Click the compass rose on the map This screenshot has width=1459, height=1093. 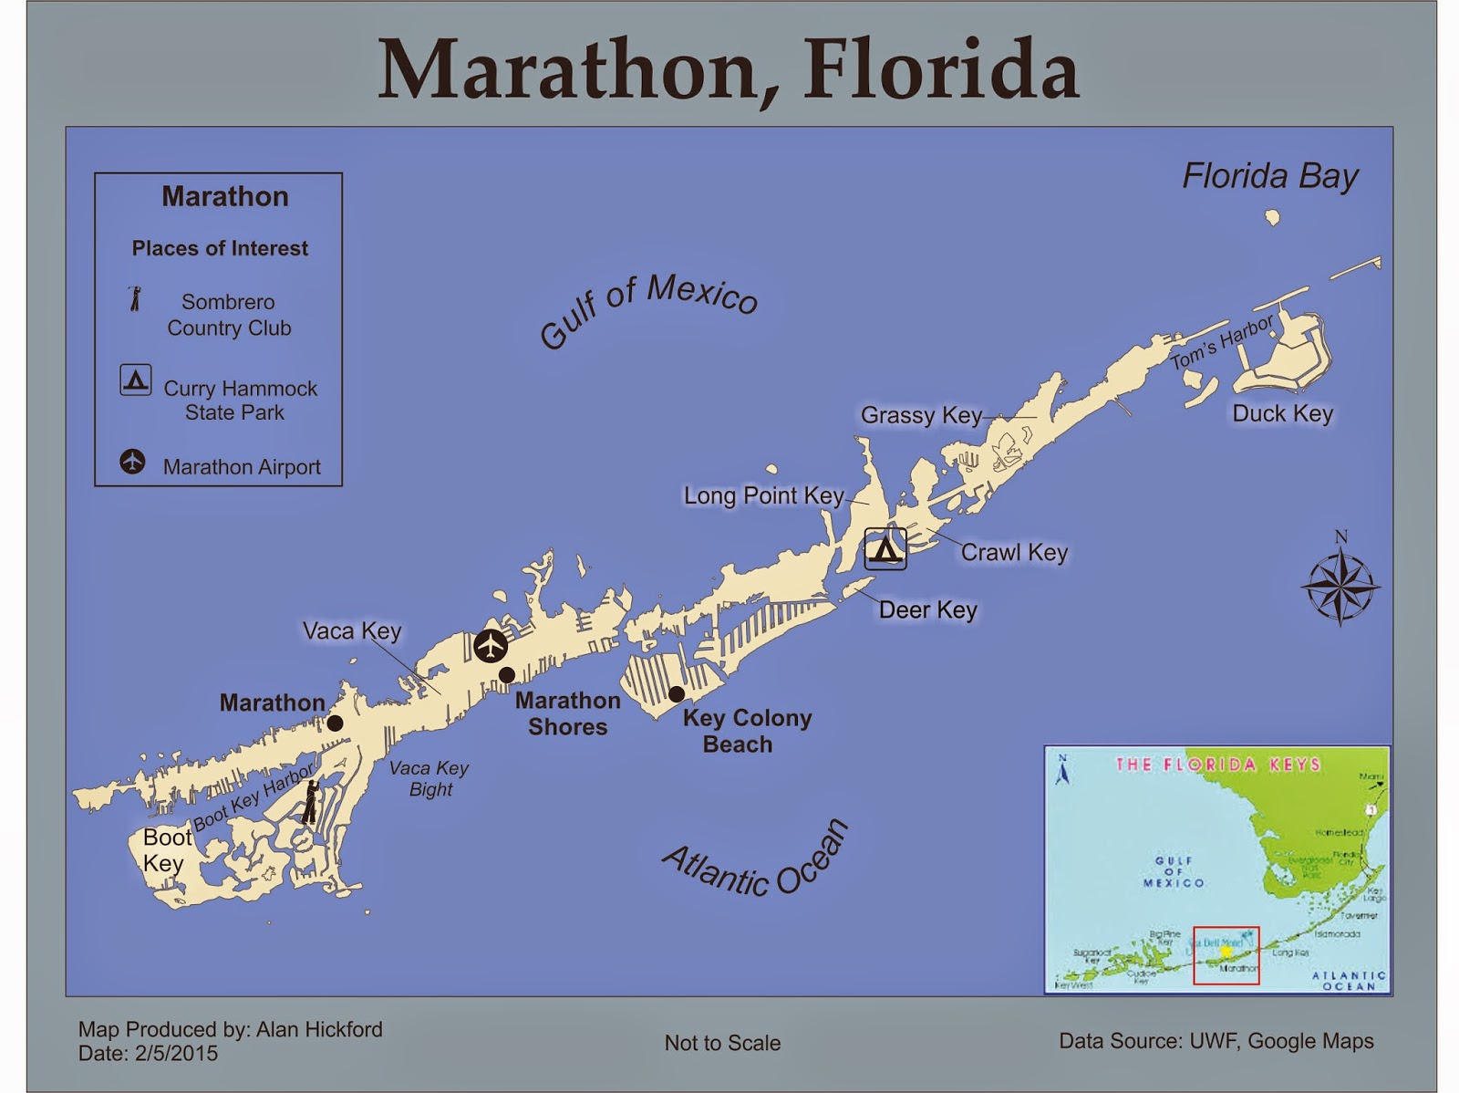[x=1340, y=585]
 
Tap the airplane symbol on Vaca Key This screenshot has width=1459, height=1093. [x=491, y=646]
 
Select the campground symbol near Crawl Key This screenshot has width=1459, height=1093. [x=885, y=549]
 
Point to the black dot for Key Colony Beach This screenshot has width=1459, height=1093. [x=677, y=694]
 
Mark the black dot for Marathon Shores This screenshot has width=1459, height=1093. [x=507, y=675]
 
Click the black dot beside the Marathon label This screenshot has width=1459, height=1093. [x=335, y=723]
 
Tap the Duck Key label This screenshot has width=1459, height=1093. [x=1282, y=413]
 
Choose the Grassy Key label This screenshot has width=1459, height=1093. [x=921, y=415]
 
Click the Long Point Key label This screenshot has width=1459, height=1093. [x=763, y=495]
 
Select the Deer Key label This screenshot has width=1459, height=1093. [x=927, y=609]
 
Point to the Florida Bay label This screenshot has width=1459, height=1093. [x=1269, y=176]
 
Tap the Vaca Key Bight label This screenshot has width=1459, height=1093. [x=429, y=778]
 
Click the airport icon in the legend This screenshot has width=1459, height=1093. [x=133, y=462]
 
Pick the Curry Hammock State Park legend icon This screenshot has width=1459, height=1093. [x=136, y=379]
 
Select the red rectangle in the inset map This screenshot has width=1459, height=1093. [x=1226, y=955]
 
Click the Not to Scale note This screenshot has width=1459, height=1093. [x=722, y=1043]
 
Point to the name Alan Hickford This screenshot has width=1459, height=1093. [x=319, y=1029]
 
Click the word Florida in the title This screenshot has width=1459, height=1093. [x=940, y=69]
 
